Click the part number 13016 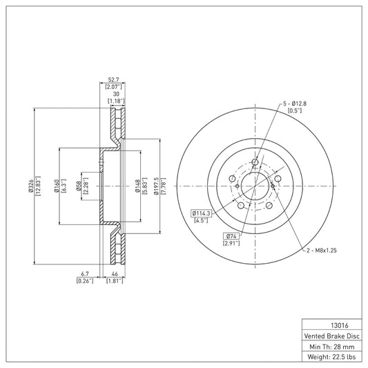340,325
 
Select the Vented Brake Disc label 331,336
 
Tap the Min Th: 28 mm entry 332,347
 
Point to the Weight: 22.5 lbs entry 331,357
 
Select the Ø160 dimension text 57,186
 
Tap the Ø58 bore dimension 79,186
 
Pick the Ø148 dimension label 137,186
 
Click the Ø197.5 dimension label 157,186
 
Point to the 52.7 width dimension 114,80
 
